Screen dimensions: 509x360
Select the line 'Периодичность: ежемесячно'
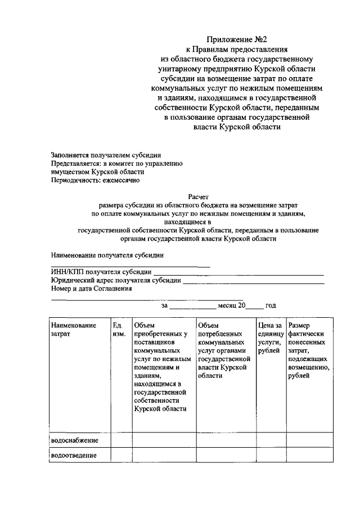pos(95,181)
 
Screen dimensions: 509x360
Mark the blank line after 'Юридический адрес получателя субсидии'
pos(253,282)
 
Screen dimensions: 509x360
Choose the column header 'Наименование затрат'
pos(73,330)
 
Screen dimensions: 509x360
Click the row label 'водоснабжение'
pos(74,439)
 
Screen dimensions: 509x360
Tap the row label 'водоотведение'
pos(74,455)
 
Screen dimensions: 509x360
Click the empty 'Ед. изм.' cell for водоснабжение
pos(121,440)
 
